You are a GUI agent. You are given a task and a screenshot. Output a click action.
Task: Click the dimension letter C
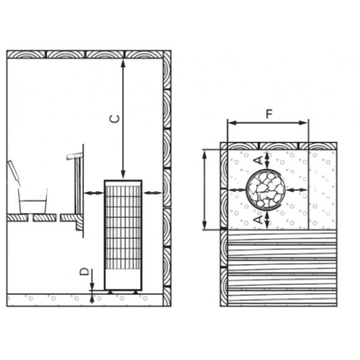[x=115, y=119]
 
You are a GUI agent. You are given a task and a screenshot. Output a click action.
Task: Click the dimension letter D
[x=84, y=272]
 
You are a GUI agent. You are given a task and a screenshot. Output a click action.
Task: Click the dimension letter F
[x=269, y=114]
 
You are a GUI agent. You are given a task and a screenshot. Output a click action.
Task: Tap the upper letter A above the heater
[x=259, y=160]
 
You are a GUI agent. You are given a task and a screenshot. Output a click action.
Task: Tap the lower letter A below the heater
[x=259, y=219]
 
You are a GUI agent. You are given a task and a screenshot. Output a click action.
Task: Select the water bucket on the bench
[x=33, y=201]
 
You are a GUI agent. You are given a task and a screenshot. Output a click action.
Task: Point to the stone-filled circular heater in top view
[x=265, y=189]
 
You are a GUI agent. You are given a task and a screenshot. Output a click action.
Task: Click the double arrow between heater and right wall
[x=153, y=193]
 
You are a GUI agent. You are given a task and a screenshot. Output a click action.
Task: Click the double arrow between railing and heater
[x=94, y=193]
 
